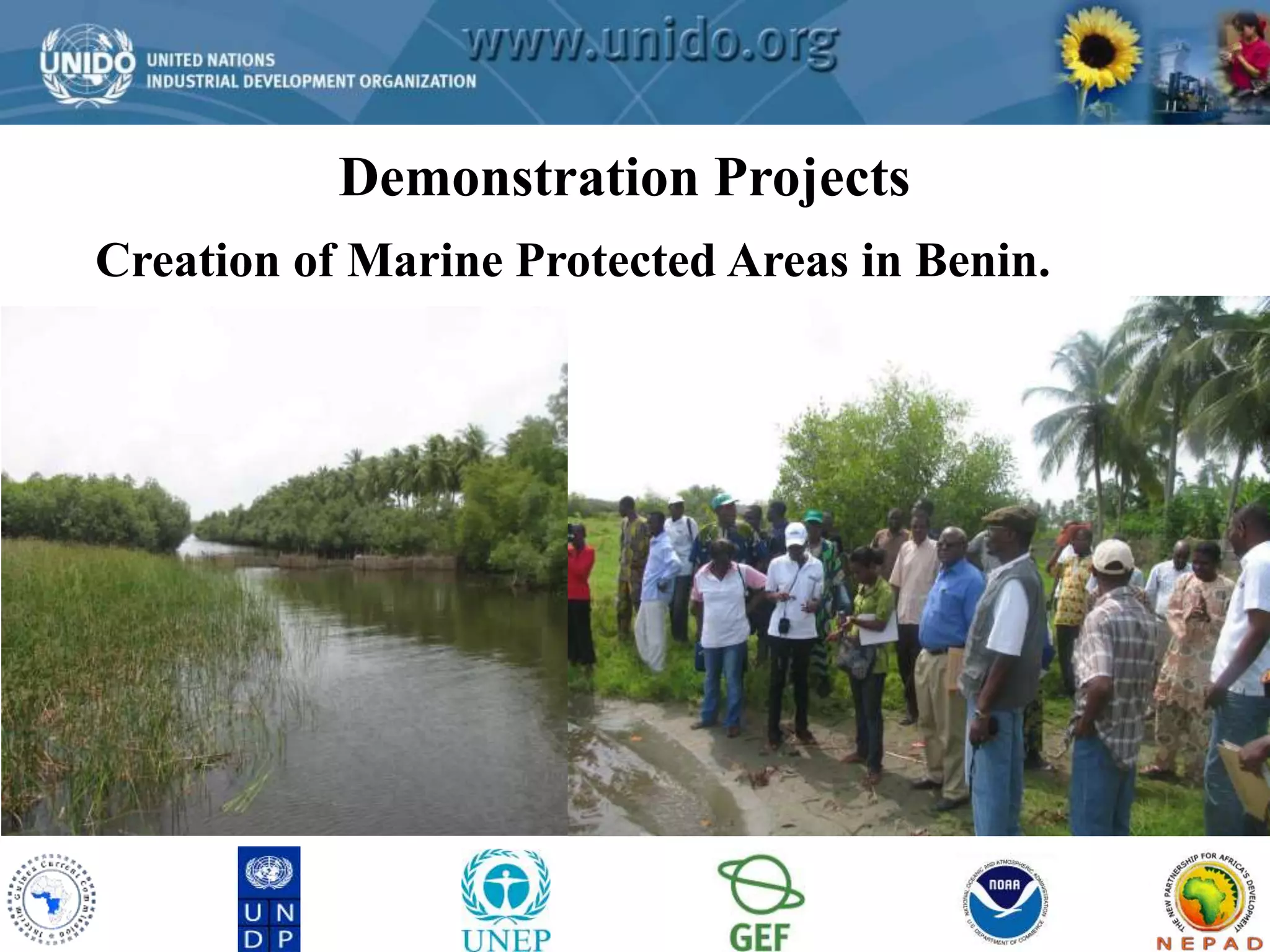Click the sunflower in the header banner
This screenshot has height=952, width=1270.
pyautogui.click(x=1099, y=53)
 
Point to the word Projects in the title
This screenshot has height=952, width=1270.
pyautogui.click(x=812, y=178)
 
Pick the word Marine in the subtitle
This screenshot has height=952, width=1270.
pyautogui.click(x=425, y=261)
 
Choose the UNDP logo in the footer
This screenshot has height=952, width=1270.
pyautogui.click(x=269, y=898)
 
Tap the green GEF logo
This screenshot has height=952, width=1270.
pyautogui.click(x=760, y=902)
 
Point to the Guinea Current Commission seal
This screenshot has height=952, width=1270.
pyautogui.click(x=51, y=899)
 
